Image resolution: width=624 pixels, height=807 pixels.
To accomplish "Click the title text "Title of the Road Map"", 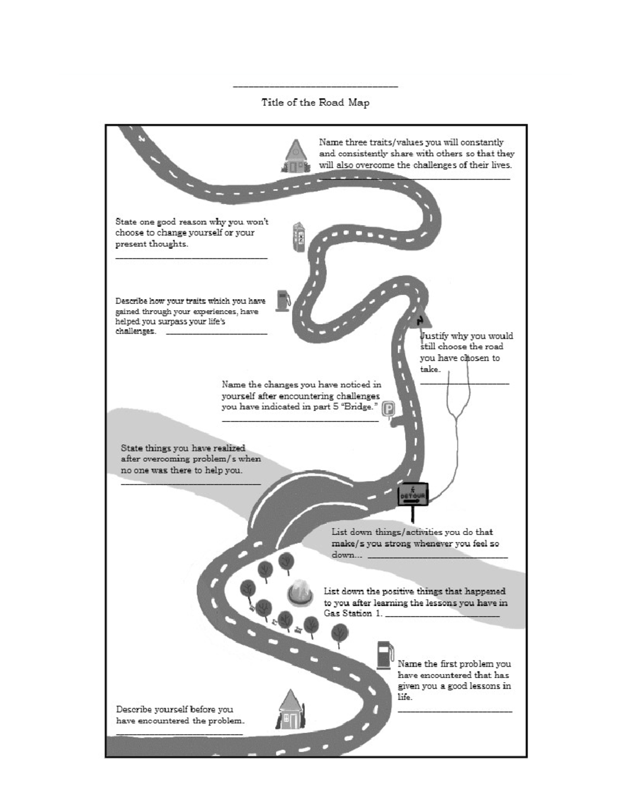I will coord(315,102).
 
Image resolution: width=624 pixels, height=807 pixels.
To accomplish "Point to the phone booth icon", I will coord(298,237).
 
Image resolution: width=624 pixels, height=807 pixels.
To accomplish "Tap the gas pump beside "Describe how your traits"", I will coord(282,300).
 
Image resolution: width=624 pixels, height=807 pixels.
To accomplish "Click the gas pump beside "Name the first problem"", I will coord(385,655).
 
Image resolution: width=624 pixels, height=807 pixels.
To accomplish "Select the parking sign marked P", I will coord(388,410).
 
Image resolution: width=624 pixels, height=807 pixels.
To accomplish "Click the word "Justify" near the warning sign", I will coord(434,336).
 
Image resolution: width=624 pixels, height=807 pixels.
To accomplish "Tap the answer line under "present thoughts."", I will coord(191,258).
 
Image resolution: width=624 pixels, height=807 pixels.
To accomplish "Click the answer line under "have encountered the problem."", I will coord(179,734).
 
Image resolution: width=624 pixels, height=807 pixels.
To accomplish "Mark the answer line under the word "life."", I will coord(454,711).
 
